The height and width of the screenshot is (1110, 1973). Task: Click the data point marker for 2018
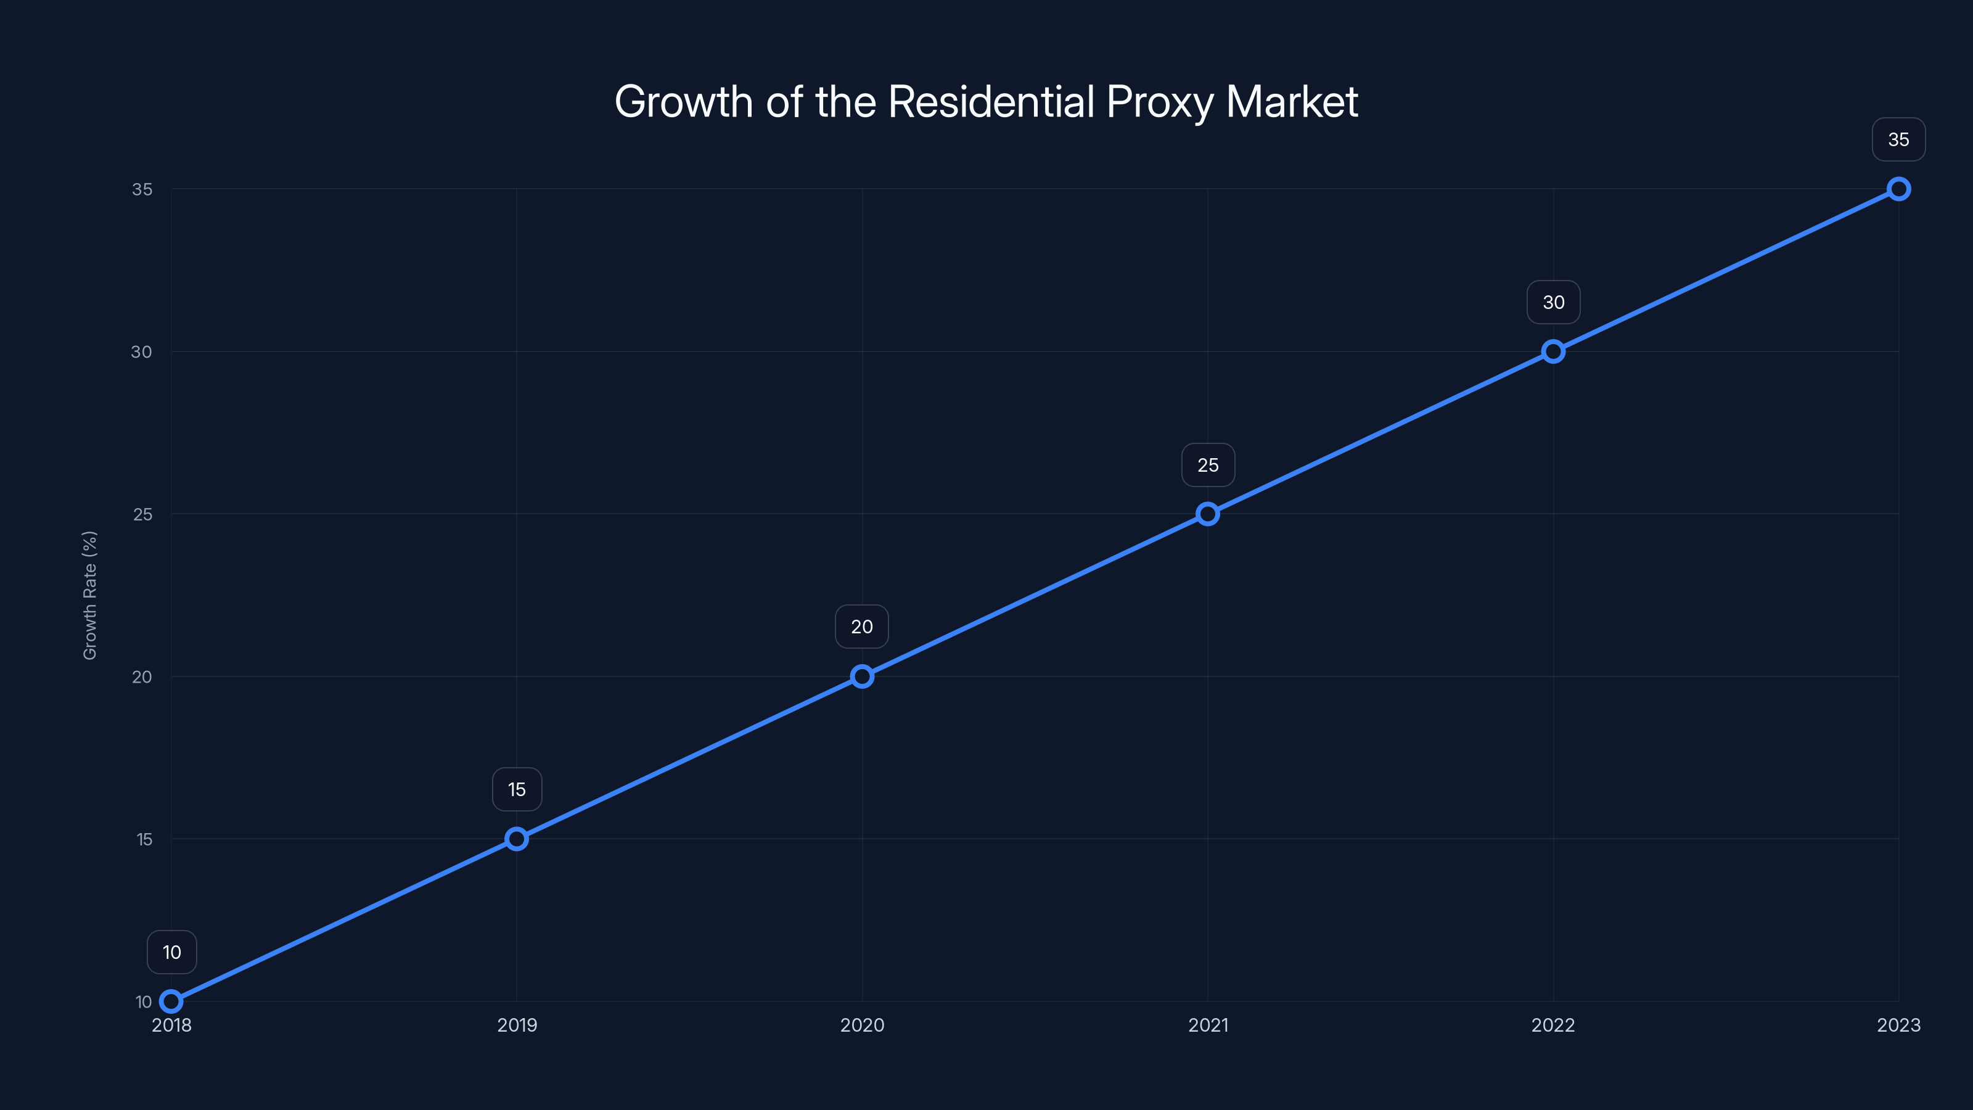pos(171,1001)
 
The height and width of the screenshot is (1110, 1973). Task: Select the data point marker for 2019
pos(517,839)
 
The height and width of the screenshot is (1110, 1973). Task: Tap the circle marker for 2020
pos(863,676)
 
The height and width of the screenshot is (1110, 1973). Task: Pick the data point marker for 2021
pos(1208,514)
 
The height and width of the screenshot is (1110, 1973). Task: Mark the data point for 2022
pos(1553,351)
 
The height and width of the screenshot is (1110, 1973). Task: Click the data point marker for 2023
pos(1899,189)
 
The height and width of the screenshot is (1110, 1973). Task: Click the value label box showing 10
pos(171,952)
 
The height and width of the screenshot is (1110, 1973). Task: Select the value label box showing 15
pos(517,790)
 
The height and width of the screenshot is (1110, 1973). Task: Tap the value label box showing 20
pos(862,627)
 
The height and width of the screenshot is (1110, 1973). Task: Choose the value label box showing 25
pos(1208,465)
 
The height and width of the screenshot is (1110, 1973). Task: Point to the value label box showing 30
pos(1553,303)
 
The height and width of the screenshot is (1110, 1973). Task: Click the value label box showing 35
pos(1899,139)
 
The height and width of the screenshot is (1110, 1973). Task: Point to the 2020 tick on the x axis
pos(863,1025)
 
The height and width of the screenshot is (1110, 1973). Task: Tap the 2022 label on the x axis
pos(1553,1025)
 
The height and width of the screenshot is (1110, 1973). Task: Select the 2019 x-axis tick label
pos(517,1025)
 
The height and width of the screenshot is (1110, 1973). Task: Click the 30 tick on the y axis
pos(142,351)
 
